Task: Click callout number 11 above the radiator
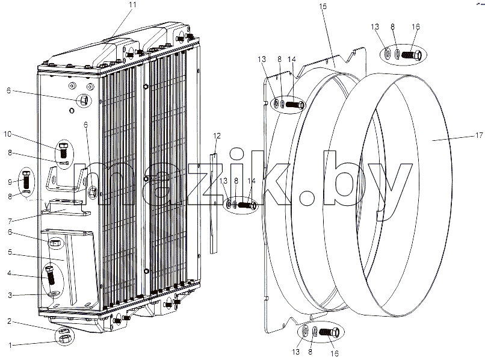132,5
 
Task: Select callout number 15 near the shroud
323,6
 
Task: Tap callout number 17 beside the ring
479,135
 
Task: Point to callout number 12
217,135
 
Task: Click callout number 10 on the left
7,134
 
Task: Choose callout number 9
10,182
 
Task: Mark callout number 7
10,221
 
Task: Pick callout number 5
10,252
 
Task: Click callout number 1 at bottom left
10,345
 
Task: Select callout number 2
10,321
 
